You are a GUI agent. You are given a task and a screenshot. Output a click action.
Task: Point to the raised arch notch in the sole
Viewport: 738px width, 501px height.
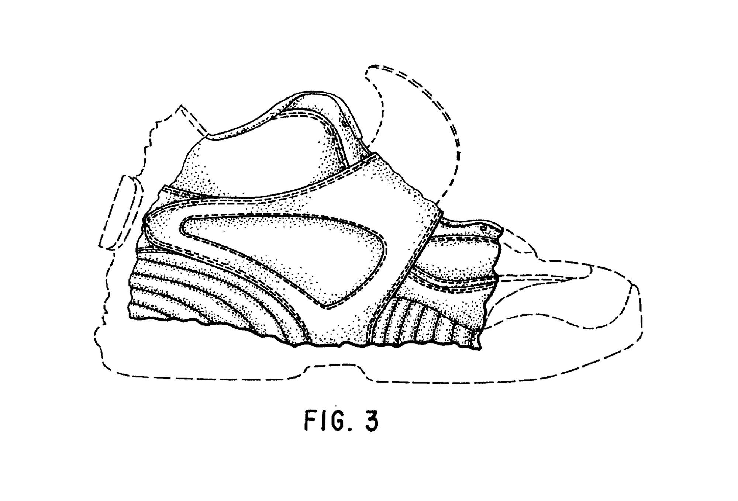[x=334, y=367]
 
